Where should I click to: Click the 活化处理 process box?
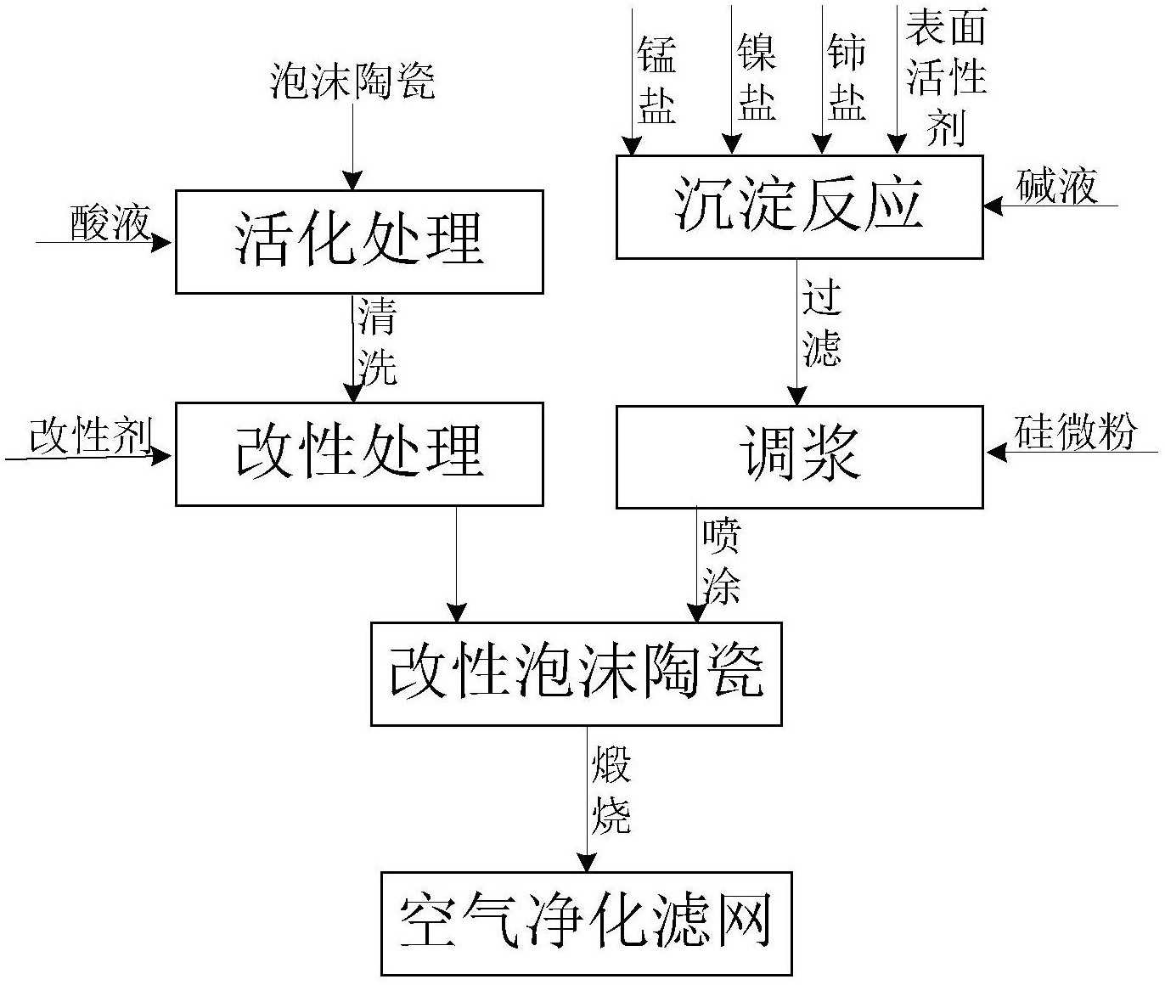point(359,242)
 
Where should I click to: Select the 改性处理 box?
point(359,454)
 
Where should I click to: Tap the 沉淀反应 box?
point(799,207)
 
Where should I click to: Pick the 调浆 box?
point(799,457)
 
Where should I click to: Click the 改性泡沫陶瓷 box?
point(576,674)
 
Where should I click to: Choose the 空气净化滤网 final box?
point(586,923)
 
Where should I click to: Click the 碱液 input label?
point(1056,186)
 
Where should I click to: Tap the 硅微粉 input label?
point(1075,433)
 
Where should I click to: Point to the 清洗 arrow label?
point(377,341)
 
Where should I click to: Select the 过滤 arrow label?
point(821,323)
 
